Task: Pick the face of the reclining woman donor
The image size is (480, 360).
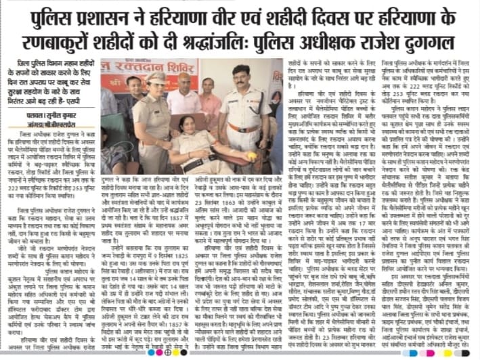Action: click(x=186, y=125)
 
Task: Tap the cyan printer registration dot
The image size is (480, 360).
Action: click(x=156, y=353)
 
